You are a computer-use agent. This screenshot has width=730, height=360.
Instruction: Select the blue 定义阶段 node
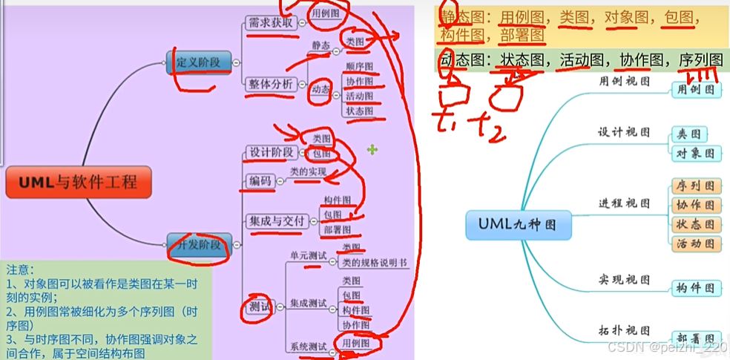tap(199, 62)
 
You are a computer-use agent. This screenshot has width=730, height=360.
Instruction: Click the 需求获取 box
tap(271, 23)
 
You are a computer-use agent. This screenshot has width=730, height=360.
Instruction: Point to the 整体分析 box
tap(271, 84)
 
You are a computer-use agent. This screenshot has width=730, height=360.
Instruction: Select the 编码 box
tap(260, 181)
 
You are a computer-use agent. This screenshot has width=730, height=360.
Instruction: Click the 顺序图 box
tap(358, 67)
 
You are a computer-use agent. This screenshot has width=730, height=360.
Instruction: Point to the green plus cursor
tap(372, 150)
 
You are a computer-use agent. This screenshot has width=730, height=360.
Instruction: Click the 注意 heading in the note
tap(21, 269)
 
